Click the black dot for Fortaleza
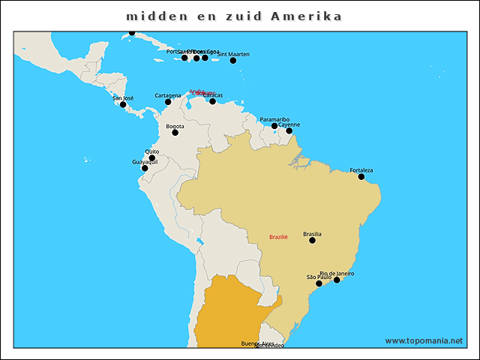[361, 177]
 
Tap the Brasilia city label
[312, 234]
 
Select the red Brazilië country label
[278, 237]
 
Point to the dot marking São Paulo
[319, 283]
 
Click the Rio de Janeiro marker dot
[337, 280]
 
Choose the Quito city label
[151, 151]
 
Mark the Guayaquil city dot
[145, 168]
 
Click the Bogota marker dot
[175, 133]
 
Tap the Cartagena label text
[167, 95]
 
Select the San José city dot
[123, 104]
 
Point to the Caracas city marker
[212, 101]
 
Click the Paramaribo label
[274, 119]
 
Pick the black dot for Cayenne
[289, 131]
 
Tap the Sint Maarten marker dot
[233, 60]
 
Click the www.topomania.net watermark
[424, 340]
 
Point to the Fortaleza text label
[361, 170]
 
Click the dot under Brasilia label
[312, 240]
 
